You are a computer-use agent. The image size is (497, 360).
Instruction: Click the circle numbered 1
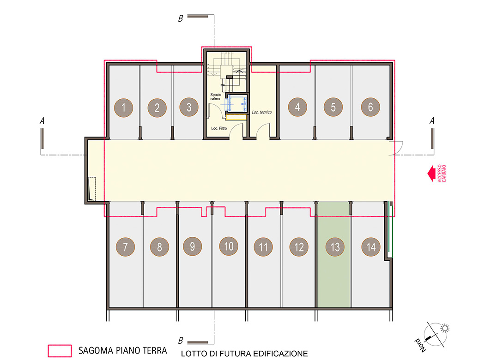click(124, 108)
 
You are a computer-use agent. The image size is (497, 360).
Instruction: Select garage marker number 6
click(370, 107)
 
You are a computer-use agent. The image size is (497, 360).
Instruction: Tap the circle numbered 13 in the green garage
click(335, 247)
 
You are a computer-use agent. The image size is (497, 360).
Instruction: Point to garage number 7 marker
click(125, 246)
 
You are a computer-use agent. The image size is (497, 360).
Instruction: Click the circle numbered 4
click(297, 107)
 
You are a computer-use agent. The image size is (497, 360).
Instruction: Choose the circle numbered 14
click(371, 246)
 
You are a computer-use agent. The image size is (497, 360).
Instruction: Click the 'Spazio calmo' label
click(216, 96)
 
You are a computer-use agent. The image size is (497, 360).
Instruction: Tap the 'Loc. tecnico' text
click(261, 112)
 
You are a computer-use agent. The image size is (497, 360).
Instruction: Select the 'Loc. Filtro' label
click(219, 128)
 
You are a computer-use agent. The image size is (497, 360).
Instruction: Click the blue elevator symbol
click(236, 103)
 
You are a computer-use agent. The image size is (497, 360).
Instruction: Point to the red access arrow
click(431, 174)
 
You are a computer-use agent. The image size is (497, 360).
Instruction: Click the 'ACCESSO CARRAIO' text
click(442, 174)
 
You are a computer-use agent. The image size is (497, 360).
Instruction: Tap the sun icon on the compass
click(445, 328)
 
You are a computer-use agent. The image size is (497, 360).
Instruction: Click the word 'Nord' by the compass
click(420, 345)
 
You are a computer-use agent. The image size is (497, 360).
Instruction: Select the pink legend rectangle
click(60, 351)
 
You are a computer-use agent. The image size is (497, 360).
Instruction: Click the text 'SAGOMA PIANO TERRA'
click(123, 350)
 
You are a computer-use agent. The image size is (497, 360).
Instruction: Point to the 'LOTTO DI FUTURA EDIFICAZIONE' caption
click(244, 354)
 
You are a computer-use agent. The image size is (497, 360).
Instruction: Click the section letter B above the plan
click(180, 18)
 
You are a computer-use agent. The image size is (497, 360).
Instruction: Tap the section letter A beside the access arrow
click(431, 120)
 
